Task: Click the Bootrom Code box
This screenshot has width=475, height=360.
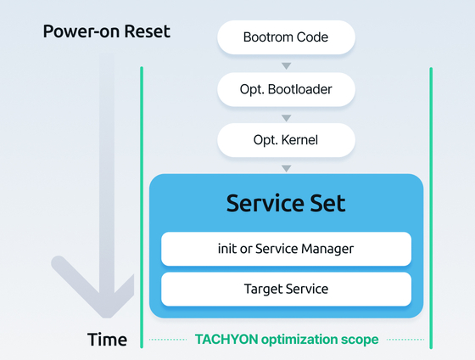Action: (287, 37)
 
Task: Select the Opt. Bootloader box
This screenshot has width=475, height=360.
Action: (287, 89)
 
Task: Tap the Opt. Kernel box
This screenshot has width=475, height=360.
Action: (287, 140)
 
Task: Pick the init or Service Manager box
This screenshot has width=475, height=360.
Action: (287, 249)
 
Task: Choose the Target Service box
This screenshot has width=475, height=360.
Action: (287, 289)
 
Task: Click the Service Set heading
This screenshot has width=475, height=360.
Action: (286, 203)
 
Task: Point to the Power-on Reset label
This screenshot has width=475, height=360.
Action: (107, 31)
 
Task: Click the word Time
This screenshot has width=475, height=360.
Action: (107, 340)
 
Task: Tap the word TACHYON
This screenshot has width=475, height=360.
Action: (226, 339)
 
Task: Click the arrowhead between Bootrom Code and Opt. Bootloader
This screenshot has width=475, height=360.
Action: (287, 66)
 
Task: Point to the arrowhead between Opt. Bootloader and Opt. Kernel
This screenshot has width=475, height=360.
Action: (287, 118)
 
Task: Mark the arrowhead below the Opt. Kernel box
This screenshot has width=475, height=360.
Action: (287, 169)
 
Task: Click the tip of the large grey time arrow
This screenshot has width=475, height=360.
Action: (107, 318)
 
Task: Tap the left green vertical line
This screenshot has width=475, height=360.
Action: (142, 207)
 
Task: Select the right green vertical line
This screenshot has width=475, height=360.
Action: (431, 208)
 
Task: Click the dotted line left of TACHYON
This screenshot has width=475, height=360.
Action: (168, 340)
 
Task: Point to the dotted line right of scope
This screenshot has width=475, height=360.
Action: (405, 340)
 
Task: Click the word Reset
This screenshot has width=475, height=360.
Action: (148, 31)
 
